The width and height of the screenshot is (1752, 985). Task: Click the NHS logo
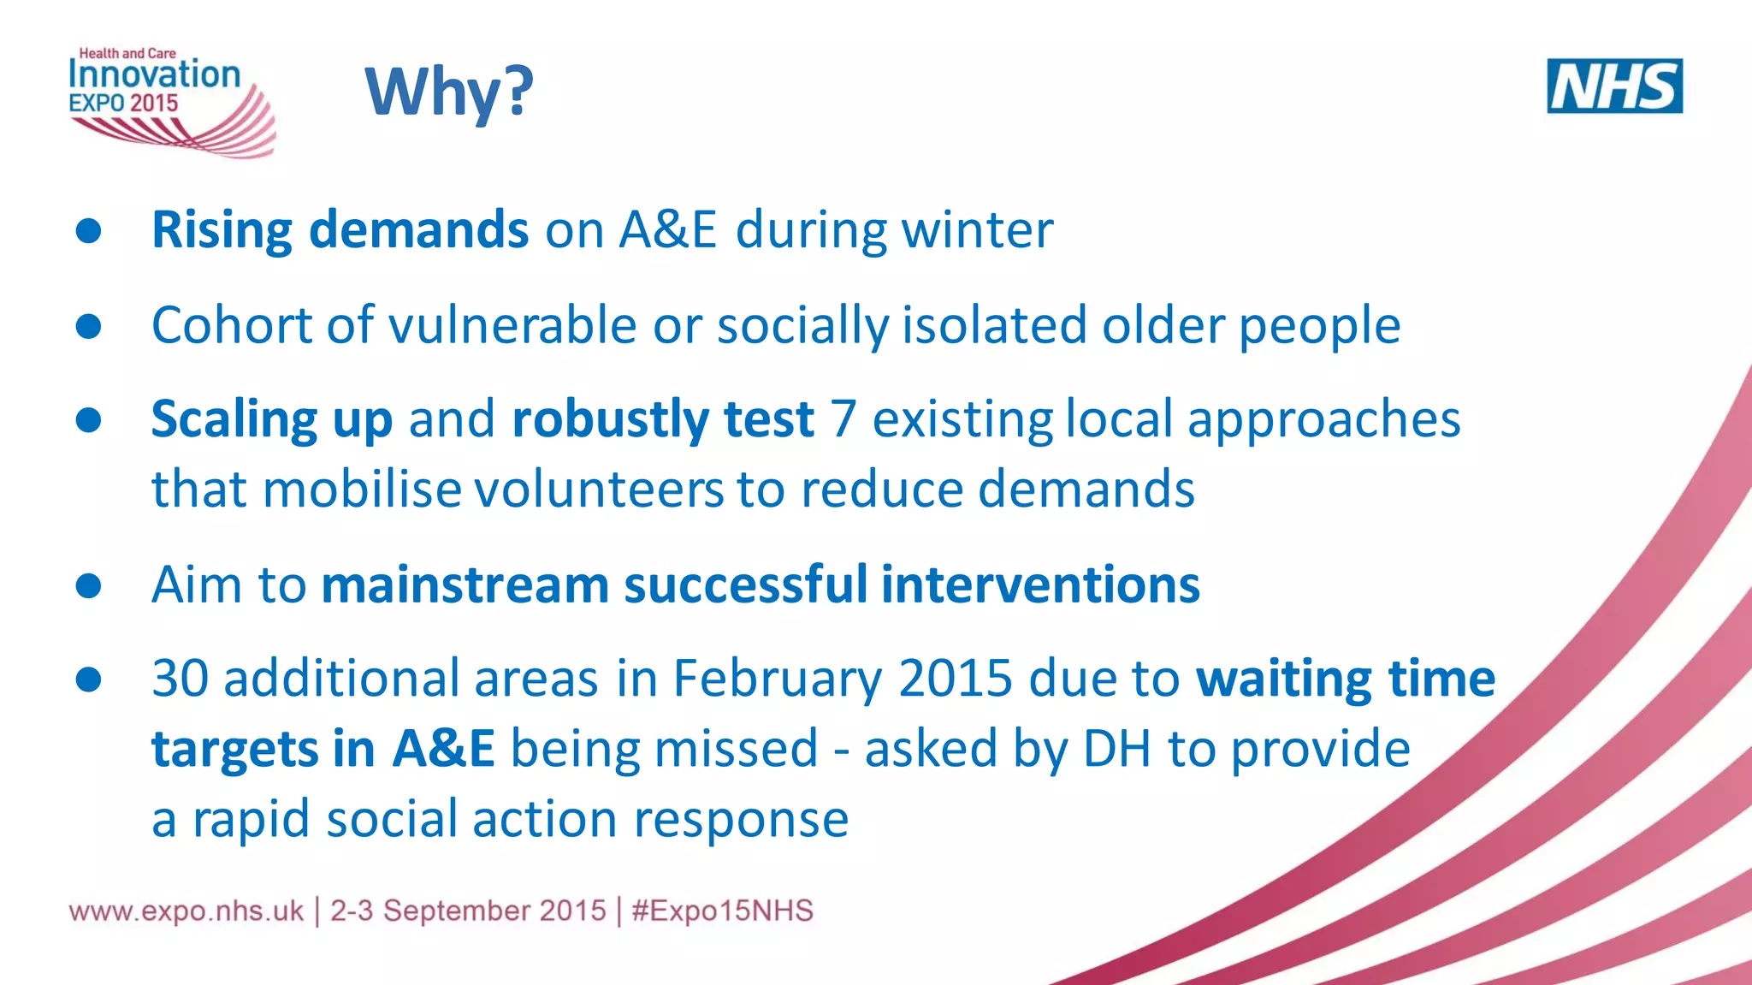pos(1614,86)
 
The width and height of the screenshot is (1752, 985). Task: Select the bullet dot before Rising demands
pos(88,230)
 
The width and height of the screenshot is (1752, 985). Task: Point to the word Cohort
pos(230,325)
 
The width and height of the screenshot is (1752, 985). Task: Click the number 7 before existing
pos(843,419)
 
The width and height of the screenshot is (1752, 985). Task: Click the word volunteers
pos(598,490)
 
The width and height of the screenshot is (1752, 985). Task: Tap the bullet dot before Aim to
pos(88,585)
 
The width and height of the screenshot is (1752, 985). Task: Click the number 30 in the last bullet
pos(180,679)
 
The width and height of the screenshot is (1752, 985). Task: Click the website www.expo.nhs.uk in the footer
pos(186,911)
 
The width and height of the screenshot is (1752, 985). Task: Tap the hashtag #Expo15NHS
pos(722,911)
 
